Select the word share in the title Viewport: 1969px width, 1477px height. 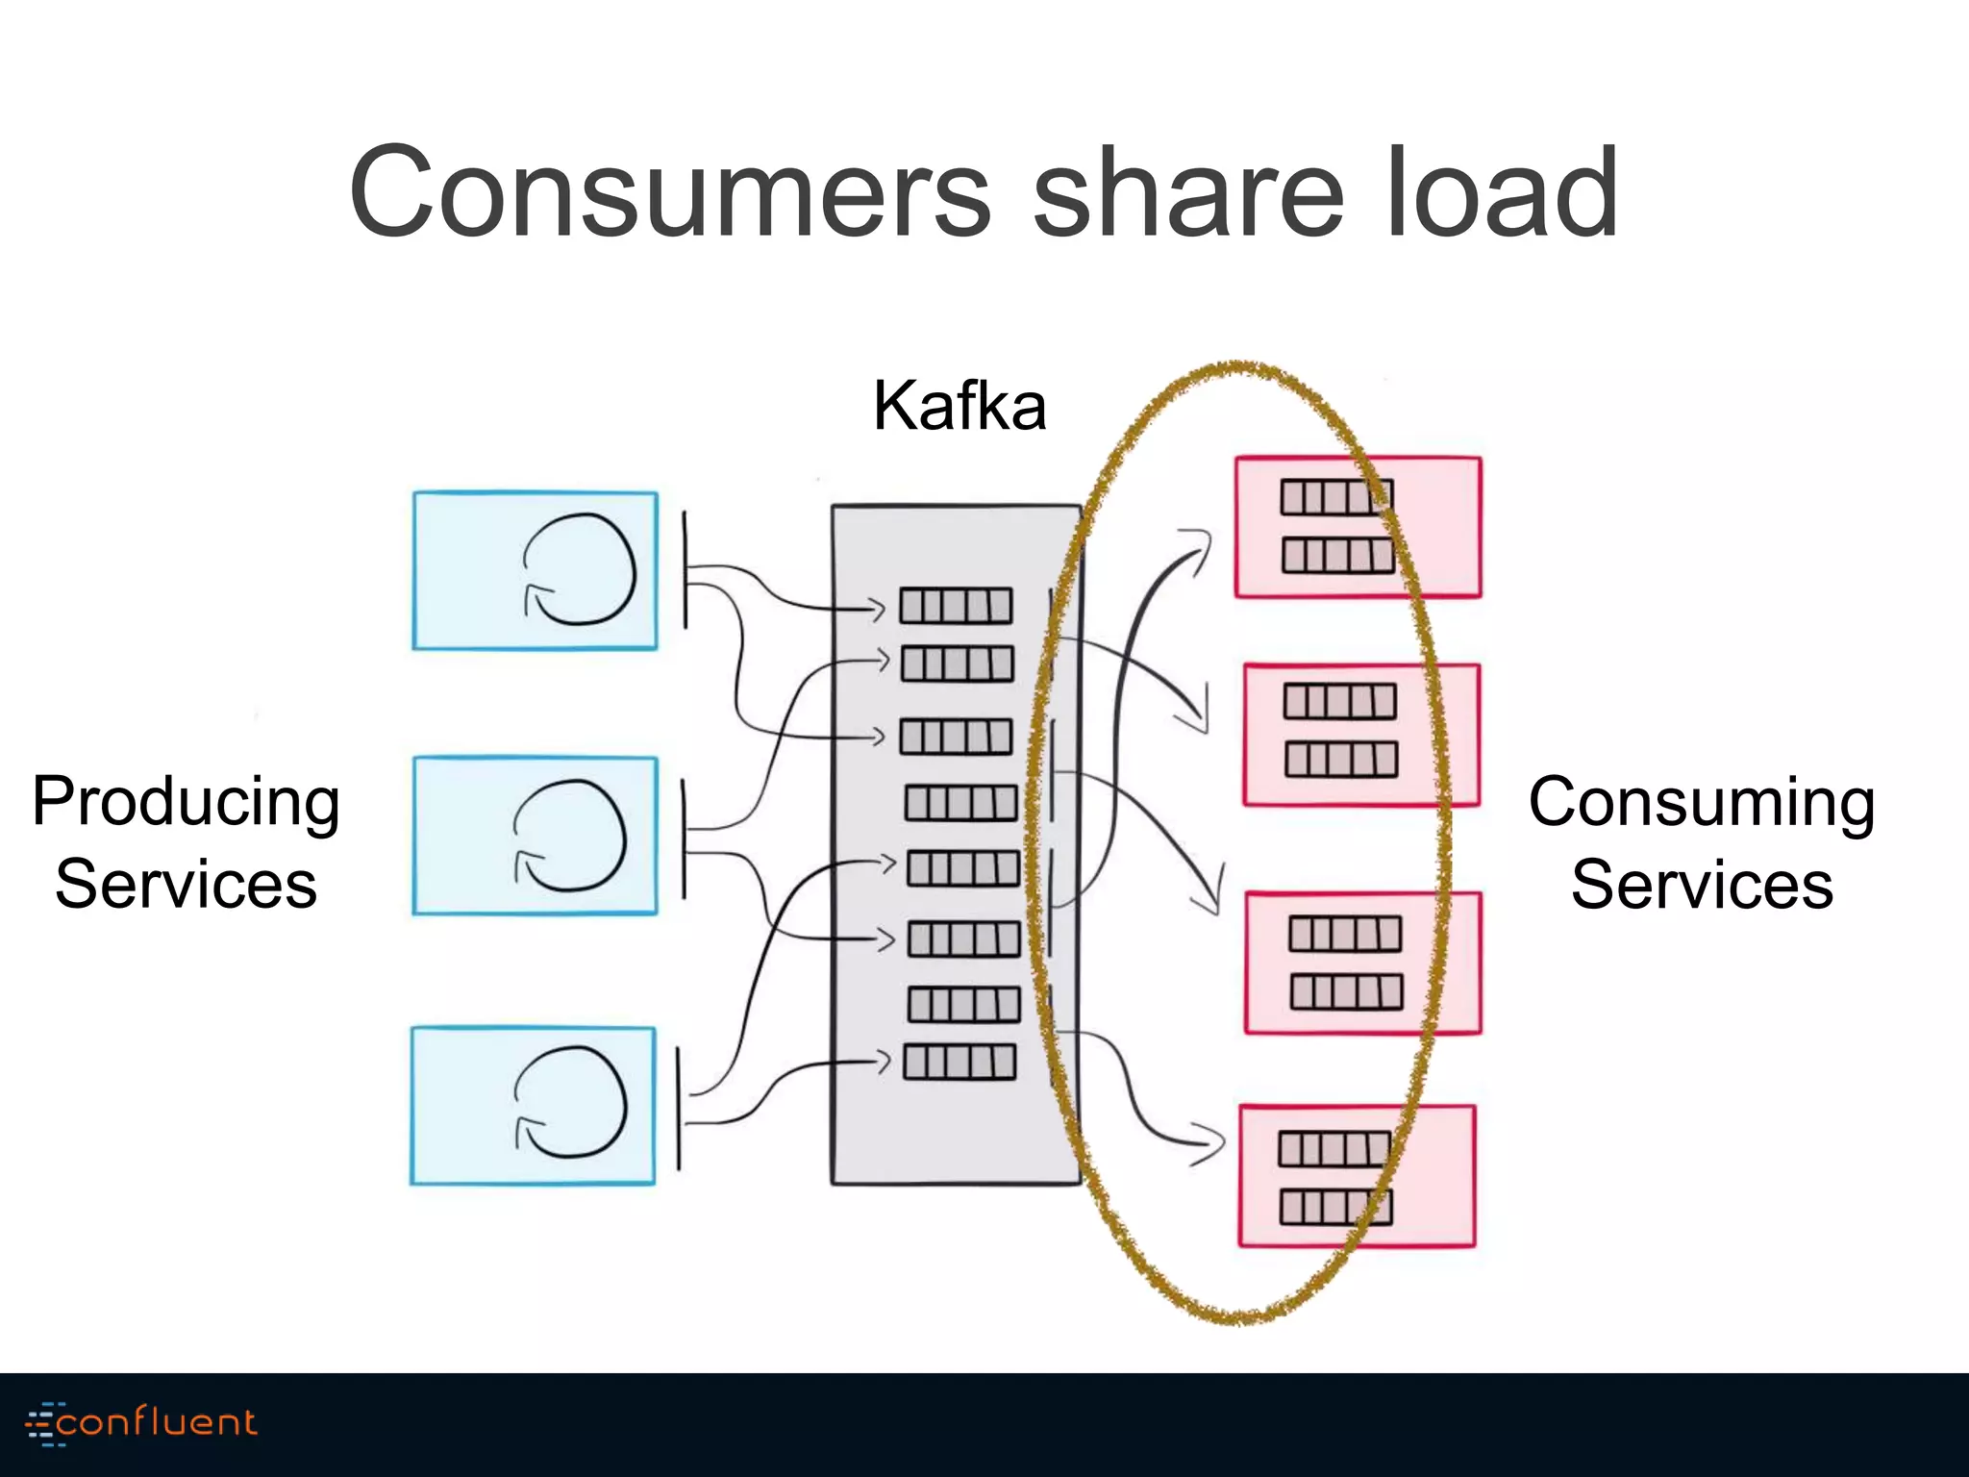coord(1187,192)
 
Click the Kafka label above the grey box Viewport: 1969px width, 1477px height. coord(960,406)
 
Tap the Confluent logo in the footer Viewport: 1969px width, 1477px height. coord(142,1422)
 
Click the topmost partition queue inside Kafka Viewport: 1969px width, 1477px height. coord(956,606)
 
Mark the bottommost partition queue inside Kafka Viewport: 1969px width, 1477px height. coord(960,1062)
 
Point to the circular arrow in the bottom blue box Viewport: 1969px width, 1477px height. coord(571,1102)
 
